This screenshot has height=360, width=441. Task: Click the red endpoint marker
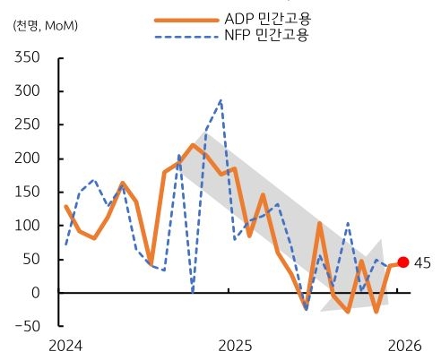point(403,262)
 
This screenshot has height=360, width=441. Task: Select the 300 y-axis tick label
point(30,91)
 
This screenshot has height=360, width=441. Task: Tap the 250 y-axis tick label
point(30,124)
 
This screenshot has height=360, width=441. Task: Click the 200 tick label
point(30,159)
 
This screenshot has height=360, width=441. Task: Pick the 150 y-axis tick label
point(30,192)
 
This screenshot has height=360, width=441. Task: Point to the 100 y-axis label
point(30,226)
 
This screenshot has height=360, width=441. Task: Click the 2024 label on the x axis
point(65,345)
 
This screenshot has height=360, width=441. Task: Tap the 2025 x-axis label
point(235,345)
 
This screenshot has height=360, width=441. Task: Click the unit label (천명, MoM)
point(45,24)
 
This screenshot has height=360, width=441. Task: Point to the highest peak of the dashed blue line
point(220,100)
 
